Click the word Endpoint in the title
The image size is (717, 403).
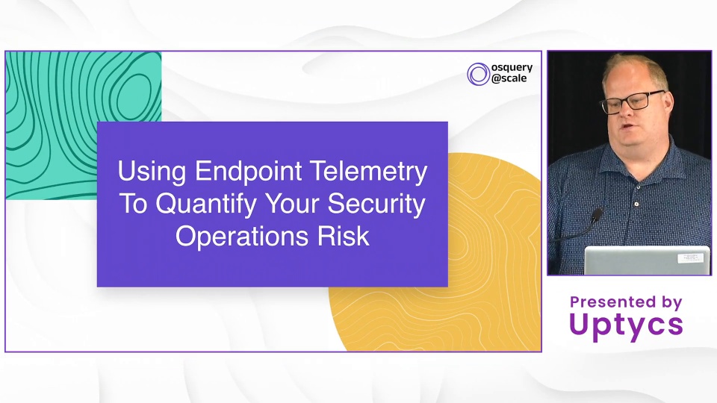[x=249, y=172]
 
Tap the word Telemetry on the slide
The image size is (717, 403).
[x=368, y=171]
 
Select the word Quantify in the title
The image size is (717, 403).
[x=206, y=204]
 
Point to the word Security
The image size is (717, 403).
[x=376, y=204]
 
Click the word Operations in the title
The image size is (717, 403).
[x=242, y=237]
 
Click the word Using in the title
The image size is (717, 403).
[x=152, y=172]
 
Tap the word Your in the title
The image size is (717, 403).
[x=293, y=204]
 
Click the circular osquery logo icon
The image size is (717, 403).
[x=478, y=74]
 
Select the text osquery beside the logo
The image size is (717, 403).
[x=512, y=68]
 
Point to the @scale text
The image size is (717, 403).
[x=509, y=78]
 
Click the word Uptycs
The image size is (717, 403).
[x=626, y=325]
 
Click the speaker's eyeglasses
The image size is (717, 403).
[x=633, y=101]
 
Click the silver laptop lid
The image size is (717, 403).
[x=647, y=260]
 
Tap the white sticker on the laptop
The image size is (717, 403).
[x=690, y=257]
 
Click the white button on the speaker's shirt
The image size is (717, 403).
[x=636, y=204]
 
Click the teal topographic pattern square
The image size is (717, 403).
[x=84, y=125]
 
